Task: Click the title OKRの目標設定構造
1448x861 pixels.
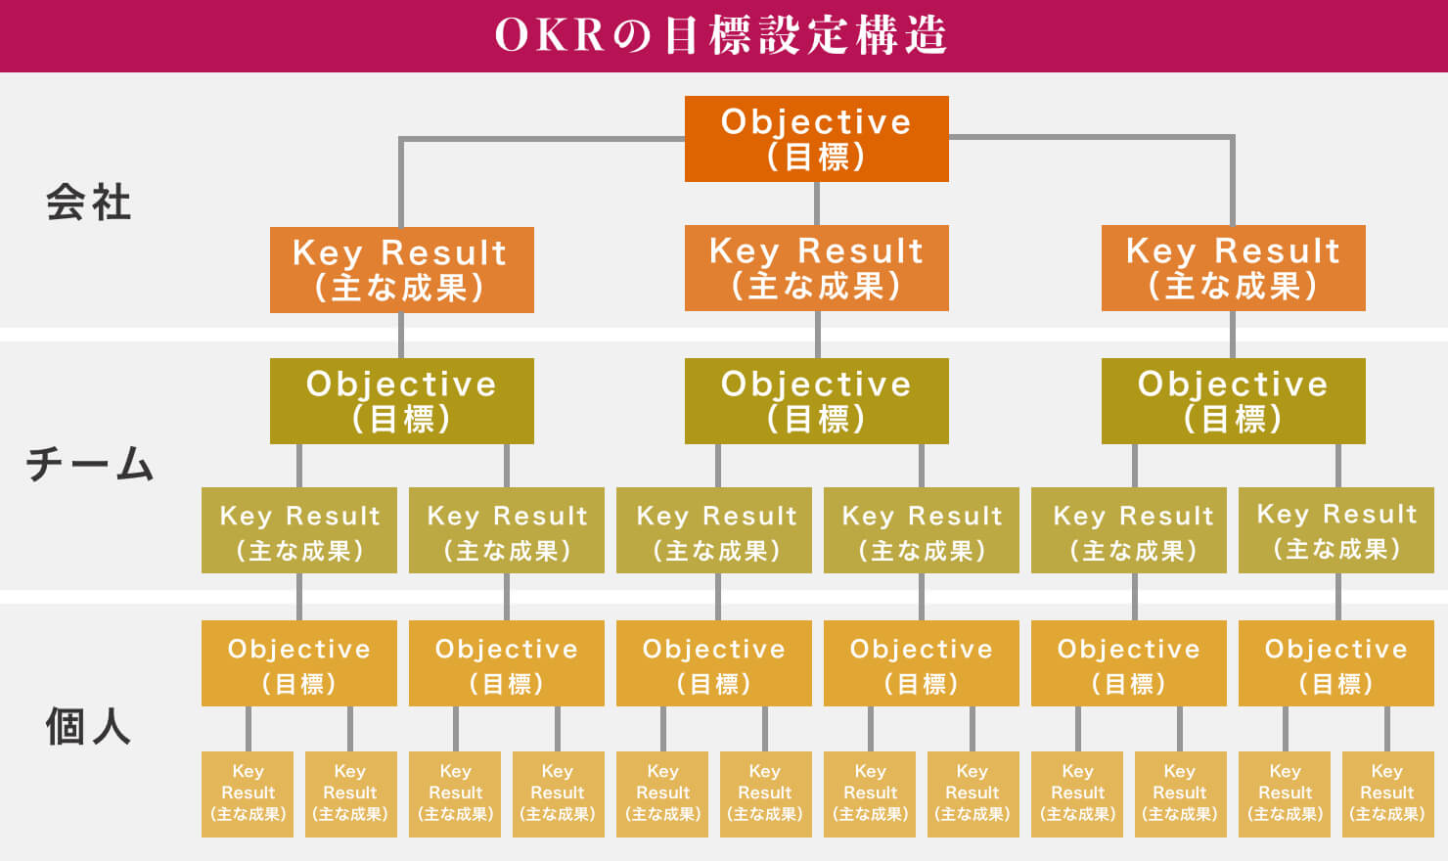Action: tap(721, 35)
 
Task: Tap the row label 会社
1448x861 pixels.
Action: tap(89, 203)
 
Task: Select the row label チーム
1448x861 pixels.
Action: tap(90, 464)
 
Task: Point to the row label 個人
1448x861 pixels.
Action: tap(89, 726)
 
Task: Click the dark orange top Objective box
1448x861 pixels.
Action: tap(816, 139)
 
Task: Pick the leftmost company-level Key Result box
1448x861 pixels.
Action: tap(402, 269)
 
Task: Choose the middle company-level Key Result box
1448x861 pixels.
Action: tap(816, 268)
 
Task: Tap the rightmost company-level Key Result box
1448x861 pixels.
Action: tap(1234, 268)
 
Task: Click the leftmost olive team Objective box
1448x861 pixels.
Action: tap(402, 401)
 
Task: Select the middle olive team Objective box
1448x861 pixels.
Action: tap(816, 401)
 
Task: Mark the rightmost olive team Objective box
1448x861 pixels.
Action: tap(1234, 401)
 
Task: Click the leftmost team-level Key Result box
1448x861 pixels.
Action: tap(299, 530)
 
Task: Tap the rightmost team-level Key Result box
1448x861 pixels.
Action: tap(1336, 530)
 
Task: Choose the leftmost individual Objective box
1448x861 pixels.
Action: tap(299, 663)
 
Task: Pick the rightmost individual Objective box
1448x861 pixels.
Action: tap(1336, 663)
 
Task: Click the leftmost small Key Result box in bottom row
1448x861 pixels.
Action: tap(248, 793)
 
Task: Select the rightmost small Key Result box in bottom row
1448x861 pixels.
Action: tap(1388, 793)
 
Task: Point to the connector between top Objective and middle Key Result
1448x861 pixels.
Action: tap(817, 204)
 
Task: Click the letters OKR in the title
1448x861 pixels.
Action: tap(550, 35)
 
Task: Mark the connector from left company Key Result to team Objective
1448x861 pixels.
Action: tap(401, 336)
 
